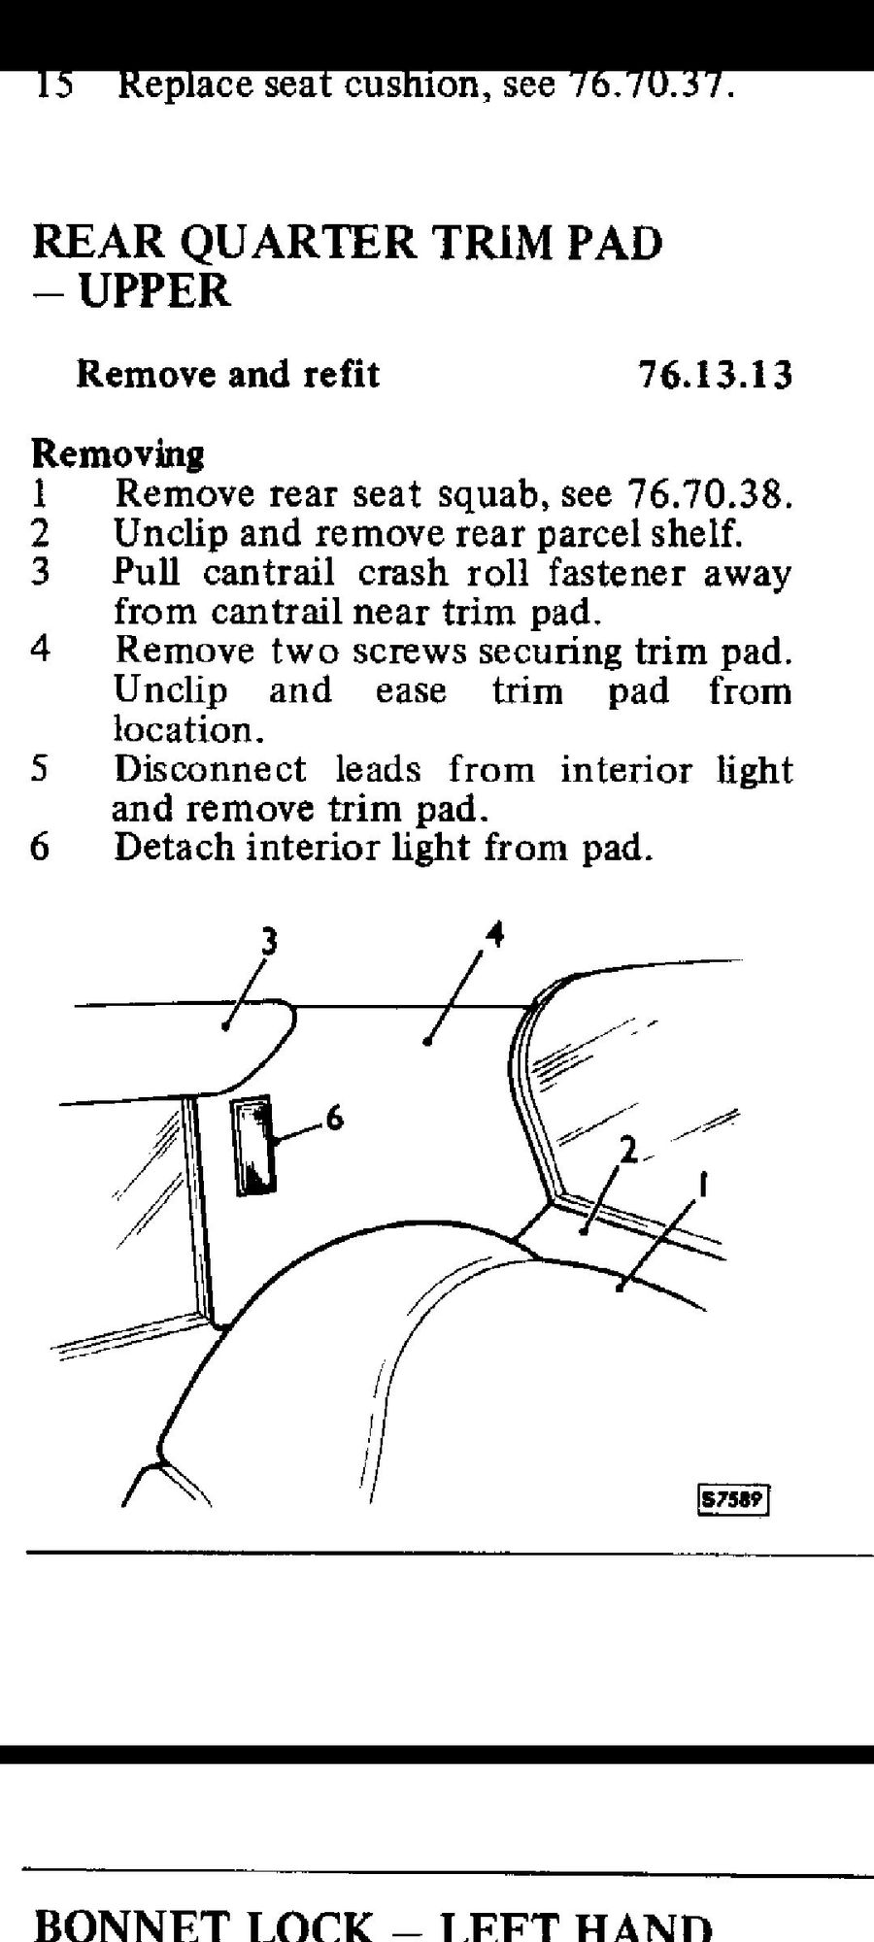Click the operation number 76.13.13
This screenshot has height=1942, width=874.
tap(715, 375)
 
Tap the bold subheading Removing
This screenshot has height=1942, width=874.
tap(118, 453)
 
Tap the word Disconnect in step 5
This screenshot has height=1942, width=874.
tap(210, 769)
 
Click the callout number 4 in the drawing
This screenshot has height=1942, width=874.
tap(495, 935)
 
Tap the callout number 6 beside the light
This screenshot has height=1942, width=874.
tap(334, 1119)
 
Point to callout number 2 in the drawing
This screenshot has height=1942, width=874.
tap(628, 1152)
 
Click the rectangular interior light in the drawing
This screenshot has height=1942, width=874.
tap(253, 1146)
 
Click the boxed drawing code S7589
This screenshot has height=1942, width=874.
tap(733, 1500)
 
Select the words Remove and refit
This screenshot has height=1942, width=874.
tap(227, 375)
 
